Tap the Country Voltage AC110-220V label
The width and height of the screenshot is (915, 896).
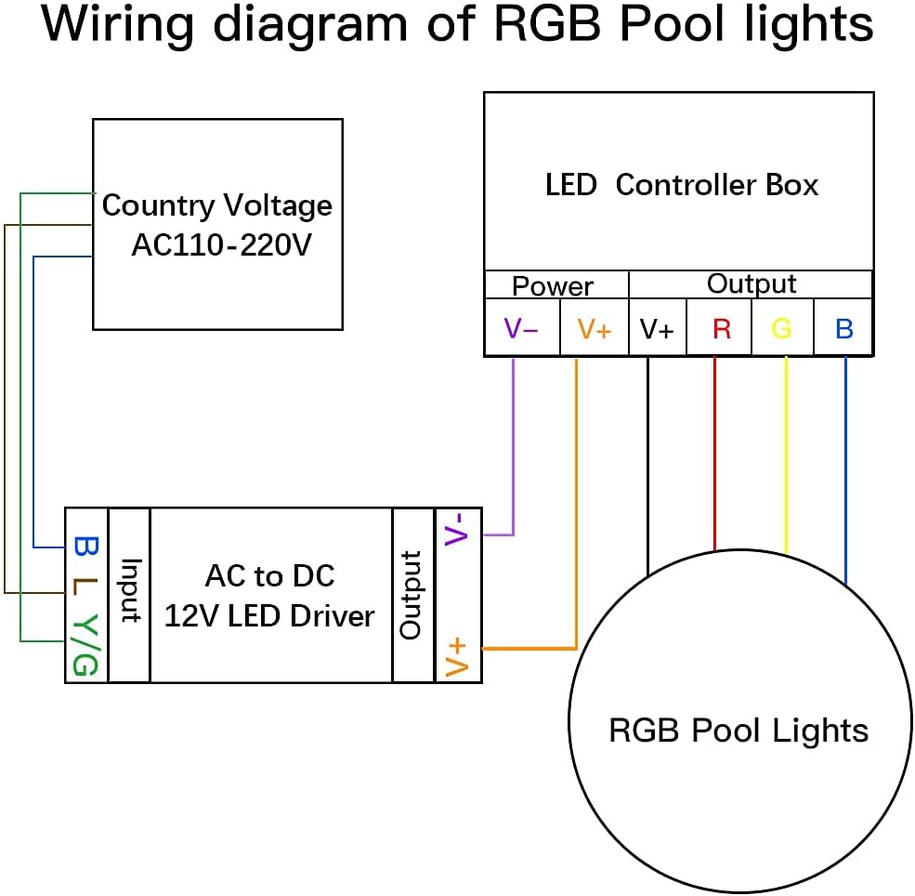[216, 224]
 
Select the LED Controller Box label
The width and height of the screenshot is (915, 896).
[681, 185]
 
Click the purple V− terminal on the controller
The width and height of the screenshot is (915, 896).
[521, 328]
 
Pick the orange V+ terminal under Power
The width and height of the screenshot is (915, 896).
[594, 328]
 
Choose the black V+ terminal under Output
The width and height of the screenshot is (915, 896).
[657, 328]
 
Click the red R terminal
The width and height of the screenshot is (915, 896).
[721, 328]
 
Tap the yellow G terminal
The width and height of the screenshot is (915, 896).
[782, 328]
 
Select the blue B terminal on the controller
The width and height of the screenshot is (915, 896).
[843, 328]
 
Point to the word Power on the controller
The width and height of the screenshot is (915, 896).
[553, 285]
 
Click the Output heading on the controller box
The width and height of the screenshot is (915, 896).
[752, 283]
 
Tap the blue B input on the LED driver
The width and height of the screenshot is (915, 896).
[85, 545]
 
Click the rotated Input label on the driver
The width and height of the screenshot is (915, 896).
[129, 591]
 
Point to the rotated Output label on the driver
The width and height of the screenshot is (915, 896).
[412, 595]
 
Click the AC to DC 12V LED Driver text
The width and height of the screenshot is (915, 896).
[269, 596]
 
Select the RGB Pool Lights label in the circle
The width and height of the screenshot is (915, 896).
[739, 730]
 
